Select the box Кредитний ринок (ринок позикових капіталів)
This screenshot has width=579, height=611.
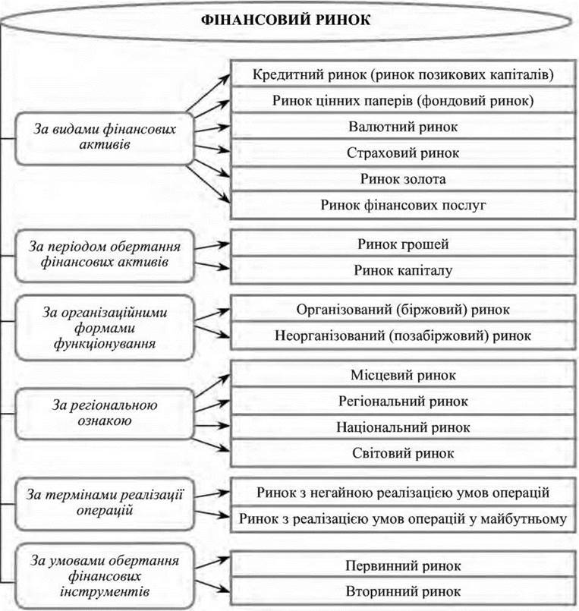pyautogui.click(x=404, y=75)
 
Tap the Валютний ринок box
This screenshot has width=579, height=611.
pyautogui.click(x=404, y=126)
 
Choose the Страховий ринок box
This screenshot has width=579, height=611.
pyautogui.click(x=404, y=153)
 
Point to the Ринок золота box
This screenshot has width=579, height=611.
pyautogui.click(x=404, y=179)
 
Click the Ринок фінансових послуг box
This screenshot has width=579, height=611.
pyautogui.click(x=404, y=205)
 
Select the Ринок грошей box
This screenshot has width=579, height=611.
pyautogui.click(x=404, y=244)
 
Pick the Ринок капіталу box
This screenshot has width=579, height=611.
pyautogui.click(x=404, y=270)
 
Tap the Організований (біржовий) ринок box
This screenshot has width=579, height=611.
pyautogui.click(x=404, y=310)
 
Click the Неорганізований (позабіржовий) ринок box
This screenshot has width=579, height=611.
pyautogui.click(x=404, y=335)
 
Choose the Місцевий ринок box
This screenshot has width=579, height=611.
pyautogui.click(x=404, y=375)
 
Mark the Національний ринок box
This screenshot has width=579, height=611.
pyautogui.click(x=404, y=427)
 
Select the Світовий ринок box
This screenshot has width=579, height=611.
pyautogui.click(x=404, y=453)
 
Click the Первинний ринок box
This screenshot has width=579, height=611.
pyautogui.click(x=404, y=566)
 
